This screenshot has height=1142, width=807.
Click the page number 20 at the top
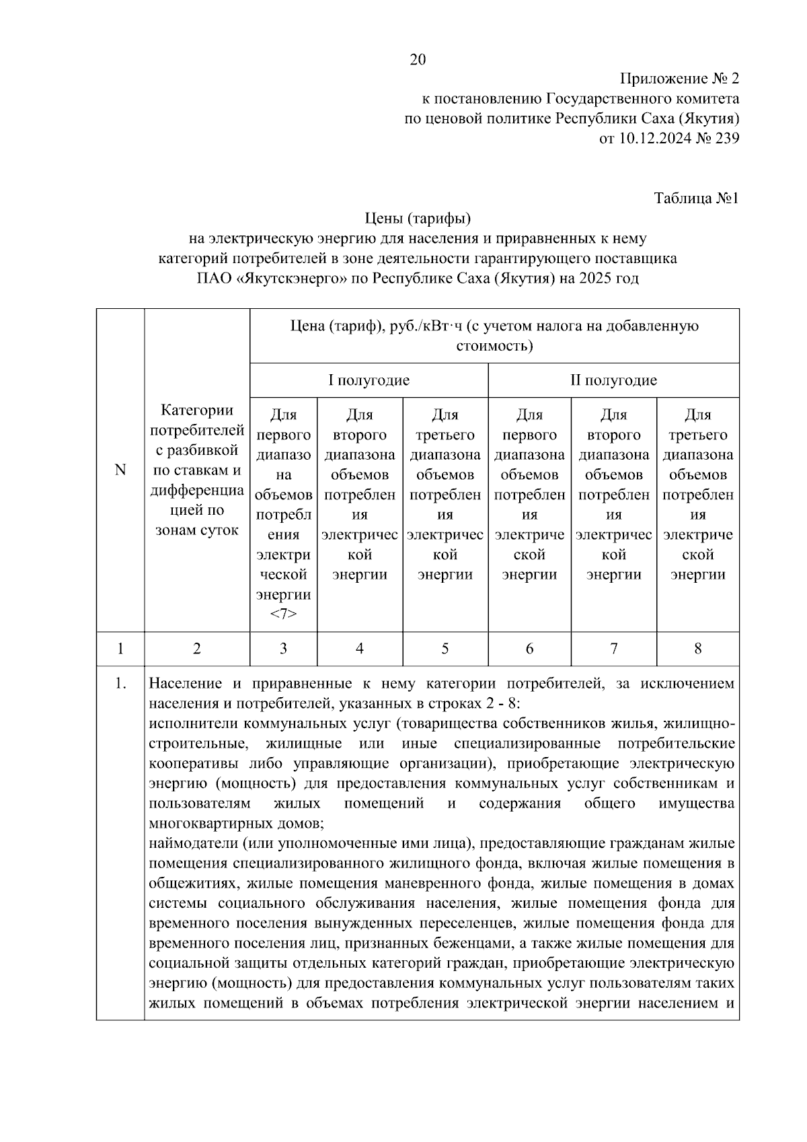pos(418,60)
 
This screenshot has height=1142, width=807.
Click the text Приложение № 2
pos(679,79)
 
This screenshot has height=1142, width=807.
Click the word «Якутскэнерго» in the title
pos(292,278)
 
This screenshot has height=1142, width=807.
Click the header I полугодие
pos(369,380)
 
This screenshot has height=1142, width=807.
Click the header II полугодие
pos(613,380)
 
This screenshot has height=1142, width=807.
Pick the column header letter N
pos(120,470)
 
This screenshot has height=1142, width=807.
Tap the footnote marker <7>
pos(283,614)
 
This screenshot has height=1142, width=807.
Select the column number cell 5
pos(445,649)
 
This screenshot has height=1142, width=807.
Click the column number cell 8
pos(697,649)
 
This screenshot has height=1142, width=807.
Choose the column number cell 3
pos(283,649)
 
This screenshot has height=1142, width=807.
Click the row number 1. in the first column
pos(120,684)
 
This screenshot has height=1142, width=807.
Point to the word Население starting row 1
pos(184,684)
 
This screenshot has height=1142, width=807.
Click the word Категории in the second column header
pos(197,411)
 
